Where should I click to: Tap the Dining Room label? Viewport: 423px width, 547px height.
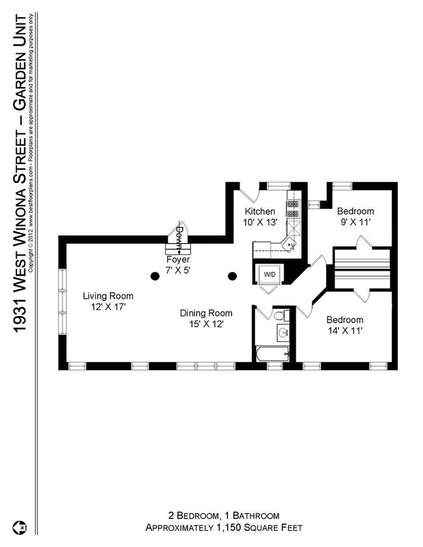(206, 313)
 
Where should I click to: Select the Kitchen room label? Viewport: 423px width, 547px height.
(260, 212)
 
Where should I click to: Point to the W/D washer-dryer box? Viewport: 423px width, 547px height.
(268, 275)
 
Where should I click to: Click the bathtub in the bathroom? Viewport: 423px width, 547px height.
(270, 354)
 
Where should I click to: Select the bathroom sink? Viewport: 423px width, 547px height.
(283, 333)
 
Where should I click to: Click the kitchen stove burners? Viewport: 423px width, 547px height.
(293, 206)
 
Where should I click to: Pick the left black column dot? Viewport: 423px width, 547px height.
(154, 276)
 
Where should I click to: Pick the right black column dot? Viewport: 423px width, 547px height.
(231, 276)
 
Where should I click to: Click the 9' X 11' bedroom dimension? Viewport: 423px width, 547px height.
(355, 222)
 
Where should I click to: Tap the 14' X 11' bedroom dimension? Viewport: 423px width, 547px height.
(344, 330)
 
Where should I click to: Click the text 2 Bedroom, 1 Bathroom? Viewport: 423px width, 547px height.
(223, 514)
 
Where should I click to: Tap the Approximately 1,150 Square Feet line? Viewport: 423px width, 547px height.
(223, 527)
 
